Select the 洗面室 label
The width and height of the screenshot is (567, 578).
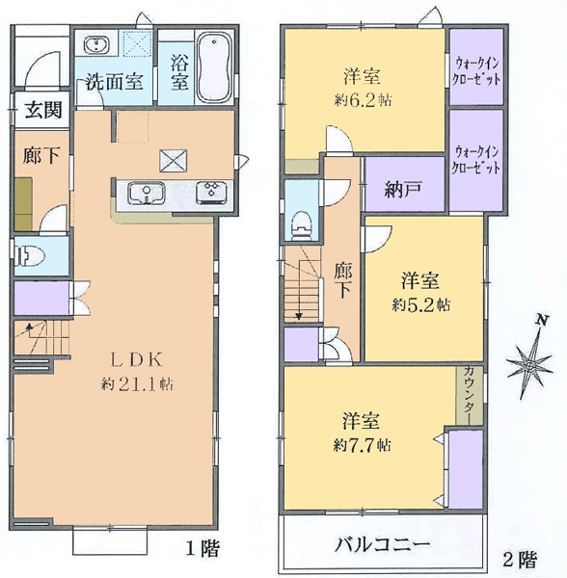click(113, 82)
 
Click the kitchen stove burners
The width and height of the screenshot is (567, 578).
click(209, 192)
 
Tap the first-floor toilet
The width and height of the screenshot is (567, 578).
click(29, 256)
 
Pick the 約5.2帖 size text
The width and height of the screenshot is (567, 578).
click(421, 304)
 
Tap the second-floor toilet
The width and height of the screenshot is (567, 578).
click(301, 223)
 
